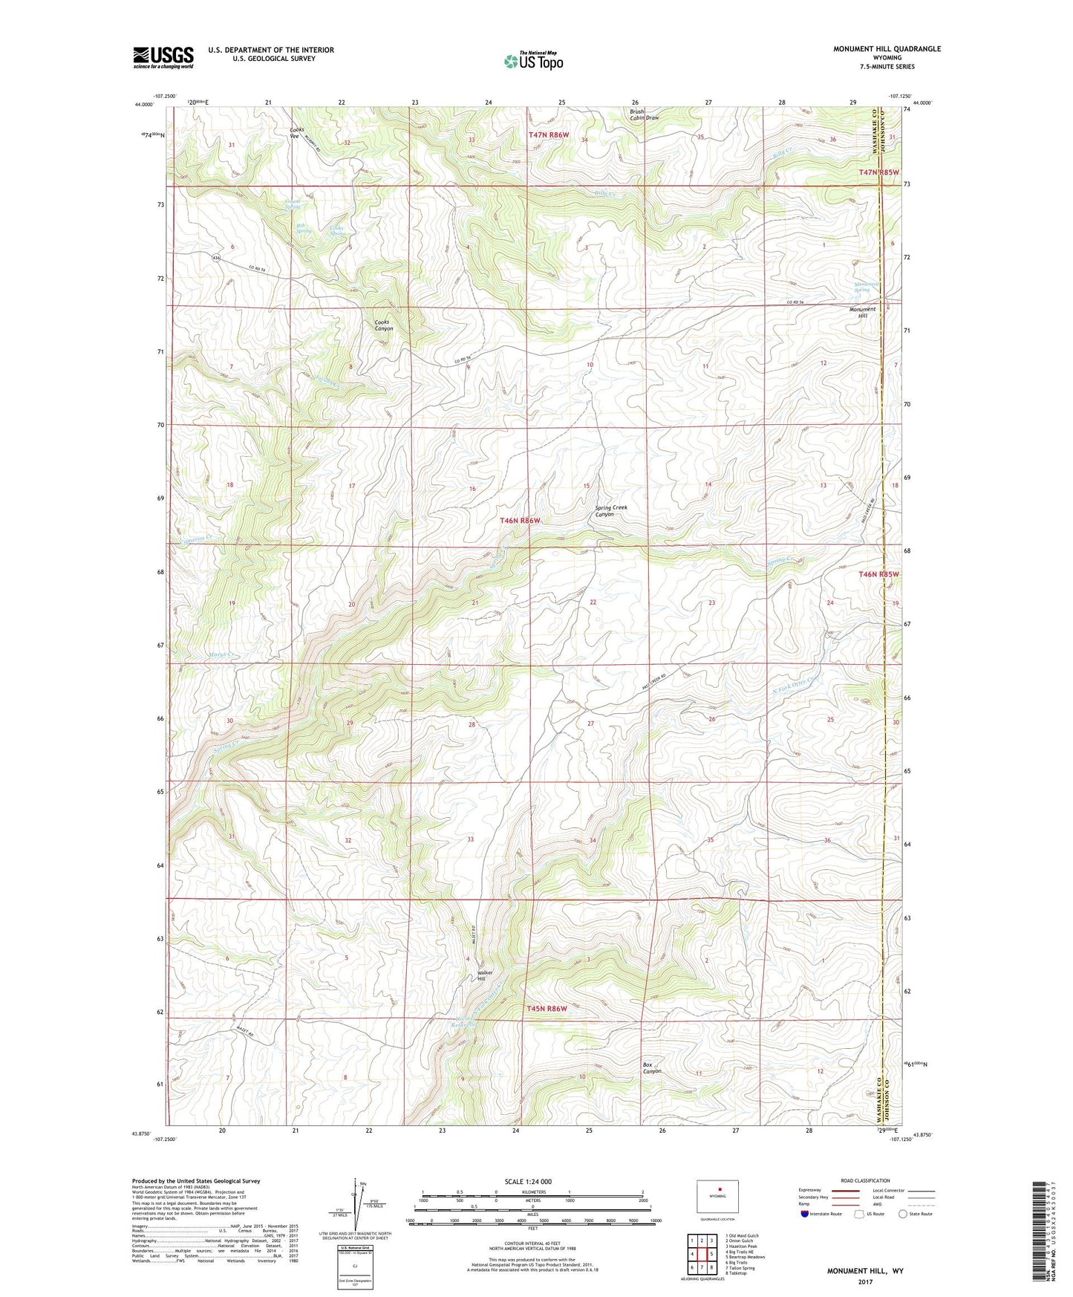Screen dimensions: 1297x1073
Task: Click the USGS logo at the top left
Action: point(163,56)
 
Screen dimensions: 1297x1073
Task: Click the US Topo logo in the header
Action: point(533,61)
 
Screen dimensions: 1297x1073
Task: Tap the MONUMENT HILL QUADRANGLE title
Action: point(887,49)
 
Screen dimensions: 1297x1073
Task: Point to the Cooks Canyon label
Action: point(384,325)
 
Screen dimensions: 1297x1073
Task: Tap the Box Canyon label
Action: point(651,1067)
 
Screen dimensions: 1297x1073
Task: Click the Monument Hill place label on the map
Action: point(862,312)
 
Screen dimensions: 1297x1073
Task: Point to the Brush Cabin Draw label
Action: point(644,114)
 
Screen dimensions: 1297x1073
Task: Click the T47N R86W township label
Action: point(549,135)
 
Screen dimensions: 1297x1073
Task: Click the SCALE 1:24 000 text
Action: point(528,1181)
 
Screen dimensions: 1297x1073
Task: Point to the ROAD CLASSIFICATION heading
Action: point(864,1180)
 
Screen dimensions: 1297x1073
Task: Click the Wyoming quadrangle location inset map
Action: point(717,1198)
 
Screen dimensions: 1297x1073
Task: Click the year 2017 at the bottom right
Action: point(864,1281)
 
